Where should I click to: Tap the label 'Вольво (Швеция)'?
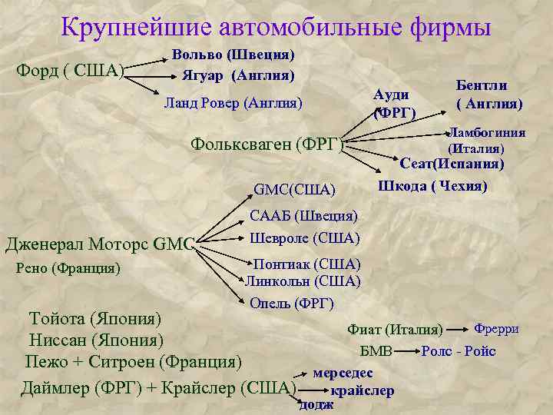point(233,55)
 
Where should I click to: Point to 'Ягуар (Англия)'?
point(238,75)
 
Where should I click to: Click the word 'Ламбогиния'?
point(487,132)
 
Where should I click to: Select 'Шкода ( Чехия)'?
point(432,187)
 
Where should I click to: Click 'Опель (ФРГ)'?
point(292,302)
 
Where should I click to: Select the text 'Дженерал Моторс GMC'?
point(100,244)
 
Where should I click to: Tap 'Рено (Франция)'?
point(68,268)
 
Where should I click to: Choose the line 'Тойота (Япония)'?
point(94,318)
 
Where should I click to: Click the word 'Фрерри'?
point(498,329)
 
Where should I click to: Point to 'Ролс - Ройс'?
point(459,351)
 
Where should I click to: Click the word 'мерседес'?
point(343,373)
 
